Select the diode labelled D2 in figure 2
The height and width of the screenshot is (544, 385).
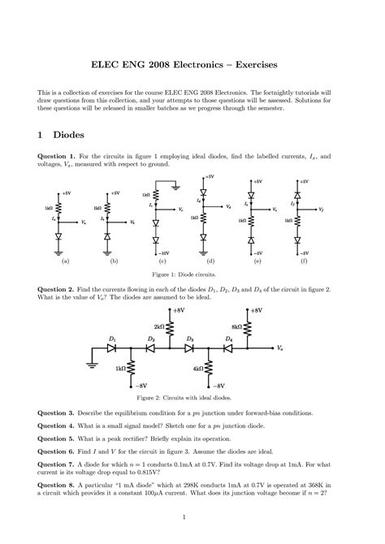click(151, 348)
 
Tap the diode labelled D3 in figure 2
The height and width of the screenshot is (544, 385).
click(189, 348)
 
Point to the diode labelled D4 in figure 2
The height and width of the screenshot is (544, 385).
click(229, 348)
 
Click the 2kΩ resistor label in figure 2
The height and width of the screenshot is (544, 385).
click(159, 326)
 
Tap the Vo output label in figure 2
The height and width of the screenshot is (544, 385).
click(280, 348)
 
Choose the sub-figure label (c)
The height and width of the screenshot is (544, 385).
click(162, 262)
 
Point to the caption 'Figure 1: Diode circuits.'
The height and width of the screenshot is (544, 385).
click(192, 276)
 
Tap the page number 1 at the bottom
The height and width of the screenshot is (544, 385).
click(192, 516)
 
